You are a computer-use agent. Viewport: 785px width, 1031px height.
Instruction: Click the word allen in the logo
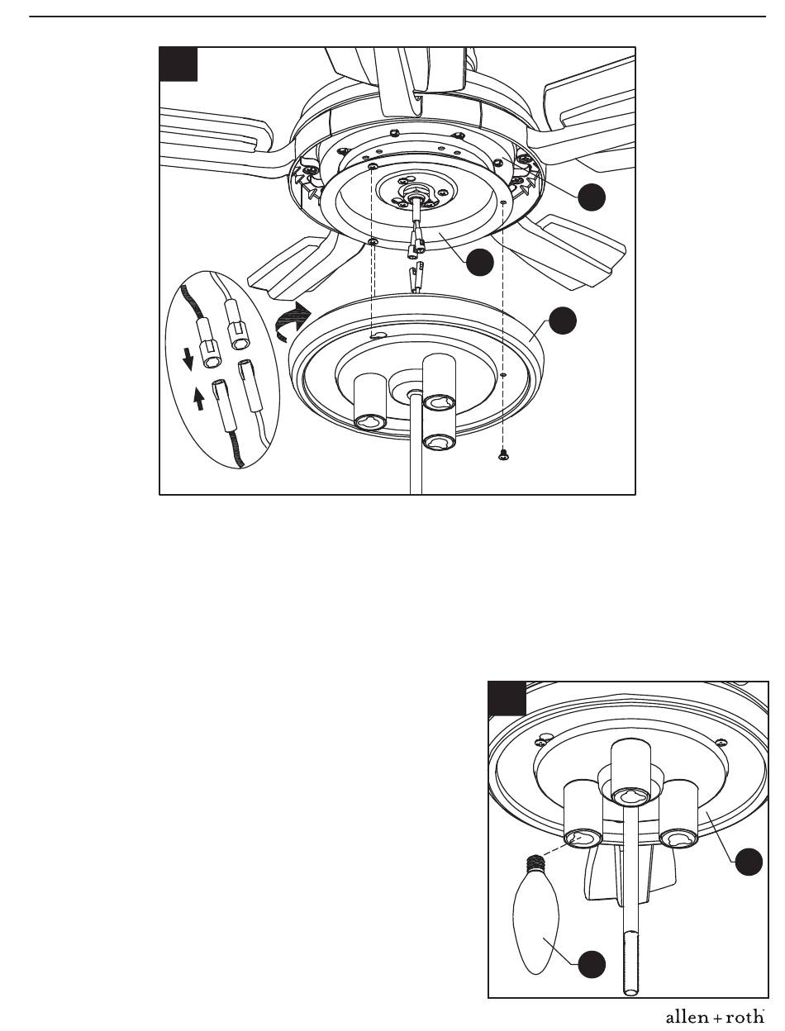click(x=687, y=1018)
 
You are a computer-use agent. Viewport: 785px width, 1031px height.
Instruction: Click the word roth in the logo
click(x=745, y=1018)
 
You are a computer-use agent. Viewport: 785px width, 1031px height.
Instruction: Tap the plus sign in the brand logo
click(x=718, y=1019)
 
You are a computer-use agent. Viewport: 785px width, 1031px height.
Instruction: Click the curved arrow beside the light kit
click(x=293, y=321)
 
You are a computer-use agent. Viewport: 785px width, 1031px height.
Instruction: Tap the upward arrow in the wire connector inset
click(x=200, y=399)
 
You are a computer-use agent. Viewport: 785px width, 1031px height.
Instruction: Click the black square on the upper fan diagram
click(x=178, y=64)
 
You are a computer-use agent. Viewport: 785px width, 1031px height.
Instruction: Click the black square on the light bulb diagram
click(x=507, y=698)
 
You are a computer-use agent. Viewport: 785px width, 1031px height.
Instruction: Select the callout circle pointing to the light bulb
click(x=592, y=965)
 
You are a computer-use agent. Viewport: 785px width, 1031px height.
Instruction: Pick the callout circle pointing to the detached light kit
click(x=563, y=321)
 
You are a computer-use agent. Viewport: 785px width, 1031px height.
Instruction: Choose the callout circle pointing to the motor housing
click(x=592, y=197)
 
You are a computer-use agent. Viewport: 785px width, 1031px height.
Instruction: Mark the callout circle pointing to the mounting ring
click(x=479, y=262)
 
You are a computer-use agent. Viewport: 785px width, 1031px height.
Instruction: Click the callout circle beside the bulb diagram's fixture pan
click(x=749, y=862)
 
